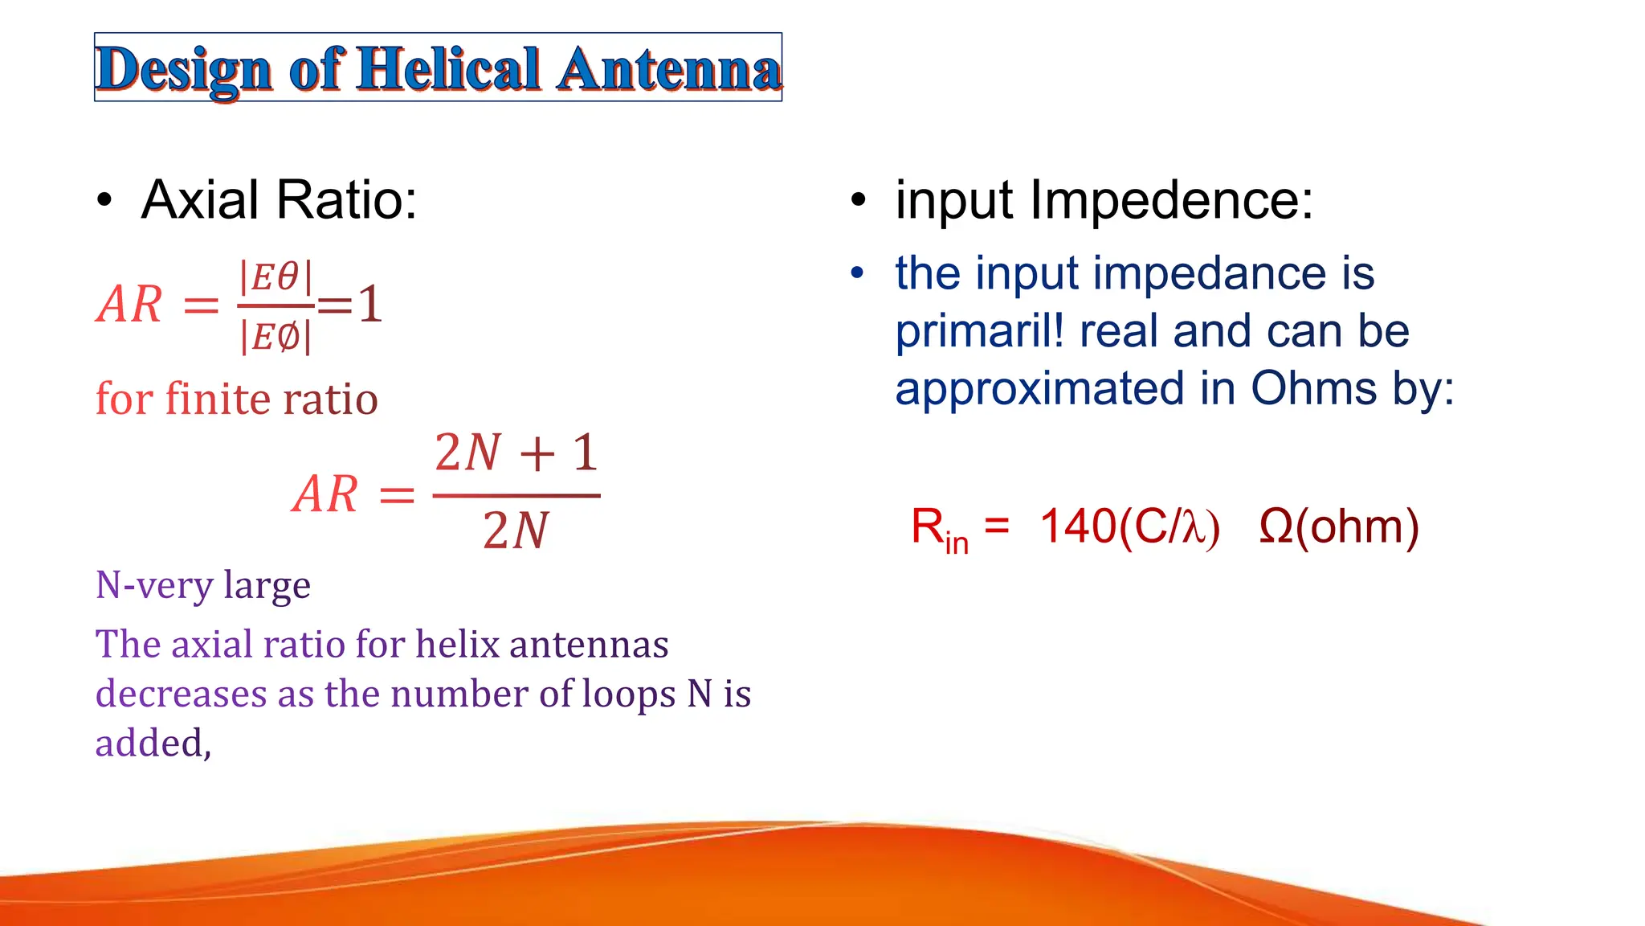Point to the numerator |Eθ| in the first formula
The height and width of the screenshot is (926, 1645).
(x=276, y=277)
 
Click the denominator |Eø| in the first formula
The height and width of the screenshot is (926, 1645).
(x=276, y=337)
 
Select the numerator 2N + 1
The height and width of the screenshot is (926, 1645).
(x=516, y=453)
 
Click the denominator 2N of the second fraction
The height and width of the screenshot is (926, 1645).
(x=516, y=531)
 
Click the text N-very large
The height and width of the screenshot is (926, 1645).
(x=202, y=585)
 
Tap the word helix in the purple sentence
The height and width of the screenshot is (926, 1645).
(x=457, y=644)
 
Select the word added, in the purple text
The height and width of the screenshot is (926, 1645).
(x=153, y=743)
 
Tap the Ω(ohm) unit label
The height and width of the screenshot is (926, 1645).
(x=1339, y=527)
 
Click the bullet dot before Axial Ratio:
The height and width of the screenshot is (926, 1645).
(x=104, y=200)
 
